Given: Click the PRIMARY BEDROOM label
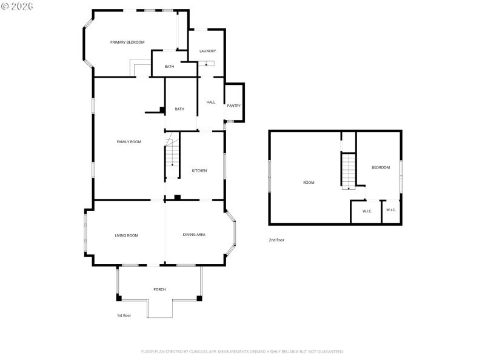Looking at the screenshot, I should (127, 42).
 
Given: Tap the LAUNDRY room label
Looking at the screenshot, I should (207, 51).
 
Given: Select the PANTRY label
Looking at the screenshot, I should (233, 106).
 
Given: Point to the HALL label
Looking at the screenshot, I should (211, 102).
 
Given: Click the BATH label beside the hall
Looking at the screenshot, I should (179, 109).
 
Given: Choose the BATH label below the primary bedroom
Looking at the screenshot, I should (169, 67).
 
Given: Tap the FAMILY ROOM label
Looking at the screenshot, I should (129, 141).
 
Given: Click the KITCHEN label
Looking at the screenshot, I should (199, 170).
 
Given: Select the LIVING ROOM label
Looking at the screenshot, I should (127, 235).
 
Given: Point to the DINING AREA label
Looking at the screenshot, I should (194, 235).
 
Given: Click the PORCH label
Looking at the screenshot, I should (159, 289).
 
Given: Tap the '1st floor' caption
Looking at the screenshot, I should (124, 315).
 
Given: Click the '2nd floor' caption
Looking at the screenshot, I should (276, 240).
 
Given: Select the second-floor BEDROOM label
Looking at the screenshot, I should (381, 167).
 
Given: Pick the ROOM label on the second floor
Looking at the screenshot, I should (309, 182).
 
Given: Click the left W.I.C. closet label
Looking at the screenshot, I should (367, 211).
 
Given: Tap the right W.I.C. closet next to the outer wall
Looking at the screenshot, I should (390, 210).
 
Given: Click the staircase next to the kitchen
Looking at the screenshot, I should (173, 157).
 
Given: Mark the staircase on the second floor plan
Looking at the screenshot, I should (348, 171).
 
